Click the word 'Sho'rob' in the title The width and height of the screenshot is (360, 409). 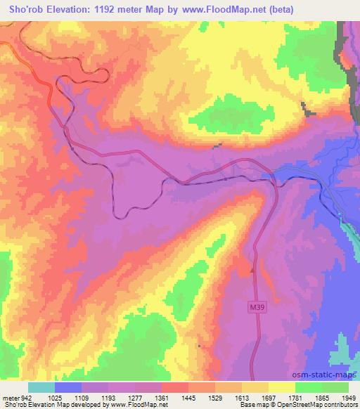click(25, 9)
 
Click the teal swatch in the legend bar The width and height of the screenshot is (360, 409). click(41, 387)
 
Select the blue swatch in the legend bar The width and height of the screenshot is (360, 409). click(68, 387)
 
